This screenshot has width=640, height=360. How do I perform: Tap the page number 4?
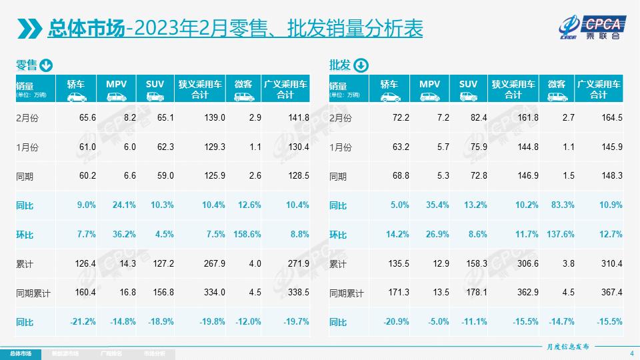(631, 353)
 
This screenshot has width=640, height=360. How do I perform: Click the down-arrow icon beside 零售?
(46, 65)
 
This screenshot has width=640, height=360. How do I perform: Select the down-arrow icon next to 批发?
(359, 65)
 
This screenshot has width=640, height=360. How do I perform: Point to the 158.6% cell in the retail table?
(247, 235)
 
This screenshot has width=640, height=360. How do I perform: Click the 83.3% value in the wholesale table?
(561, 205)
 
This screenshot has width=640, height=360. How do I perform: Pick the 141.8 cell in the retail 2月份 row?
(297, 117)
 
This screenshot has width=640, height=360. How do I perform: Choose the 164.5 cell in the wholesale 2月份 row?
(611, 117)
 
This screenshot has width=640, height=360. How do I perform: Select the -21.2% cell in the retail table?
(83, 322)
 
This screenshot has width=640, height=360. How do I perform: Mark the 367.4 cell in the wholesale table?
(611, 293)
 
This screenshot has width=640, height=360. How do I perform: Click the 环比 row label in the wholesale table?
(339, 235)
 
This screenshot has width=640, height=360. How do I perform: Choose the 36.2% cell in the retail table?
(123, 235)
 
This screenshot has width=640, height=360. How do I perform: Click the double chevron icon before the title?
(29, 29)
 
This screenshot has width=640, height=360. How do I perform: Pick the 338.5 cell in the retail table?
(297, 293)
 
